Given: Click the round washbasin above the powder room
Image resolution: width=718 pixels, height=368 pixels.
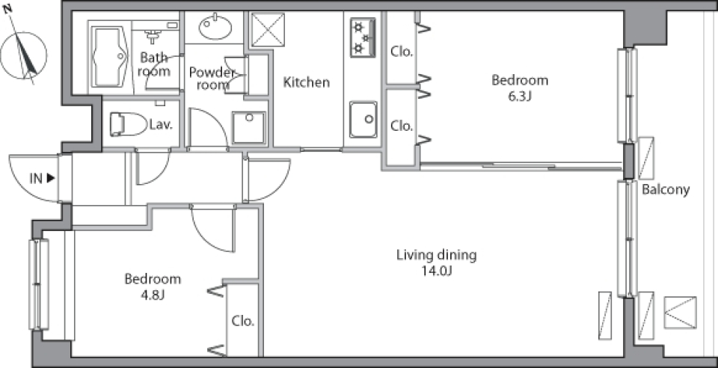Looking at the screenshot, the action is click(x=215, y=27).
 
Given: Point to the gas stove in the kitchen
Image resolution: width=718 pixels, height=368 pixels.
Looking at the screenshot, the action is click(x=363, y=37).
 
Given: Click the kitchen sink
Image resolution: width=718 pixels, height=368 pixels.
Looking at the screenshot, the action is click(x=363, y=120).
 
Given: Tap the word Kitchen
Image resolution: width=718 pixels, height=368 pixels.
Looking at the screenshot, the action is click(x=307, y=82).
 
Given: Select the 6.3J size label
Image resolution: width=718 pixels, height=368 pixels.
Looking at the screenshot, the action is click(x=520, y=96).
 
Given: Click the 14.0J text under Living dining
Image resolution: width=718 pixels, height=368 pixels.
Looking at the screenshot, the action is click(x=437, y=271).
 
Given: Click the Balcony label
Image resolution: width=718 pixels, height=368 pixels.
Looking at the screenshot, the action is click(x=666, y=189).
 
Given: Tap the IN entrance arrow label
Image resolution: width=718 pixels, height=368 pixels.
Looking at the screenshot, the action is click(x=43, y=179).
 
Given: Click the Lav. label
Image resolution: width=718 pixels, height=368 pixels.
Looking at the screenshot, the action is click(x=162, y=124).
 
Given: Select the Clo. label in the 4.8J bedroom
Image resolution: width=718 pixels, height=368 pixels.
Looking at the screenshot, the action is click(x=242, y=321).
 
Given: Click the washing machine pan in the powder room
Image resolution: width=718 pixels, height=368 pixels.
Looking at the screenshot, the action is click(x=248, y=128).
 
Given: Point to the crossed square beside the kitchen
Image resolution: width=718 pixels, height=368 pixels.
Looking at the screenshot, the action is click(x=269, y=30).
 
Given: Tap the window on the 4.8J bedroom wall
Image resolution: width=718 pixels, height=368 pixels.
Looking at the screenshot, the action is click(x=39, y=284).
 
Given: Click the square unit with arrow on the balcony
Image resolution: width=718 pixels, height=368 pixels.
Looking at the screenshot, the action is click(x=680, y=313).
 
